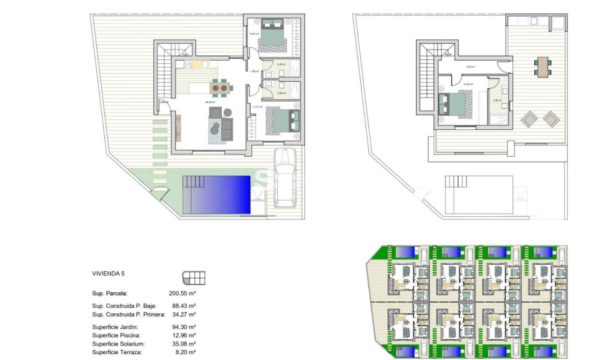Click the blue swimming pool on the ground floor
[216, 194]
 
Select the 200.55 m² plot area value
[182, 294]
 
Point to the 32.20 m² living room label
[207, 102]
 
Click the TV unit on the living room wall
[179, 126]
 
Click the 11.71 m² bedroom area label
[257, 107]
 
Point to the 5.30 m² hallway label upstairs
[471, 67]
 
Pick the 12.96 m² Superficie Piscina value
[182, 335]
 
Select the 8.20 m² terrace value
[184, 352]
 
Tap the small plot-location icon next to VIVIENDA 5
[193, 278]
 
